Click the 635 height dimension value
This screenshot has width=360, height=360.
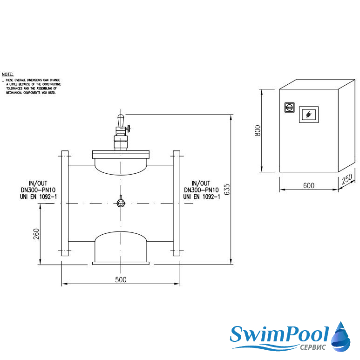coord(227,190)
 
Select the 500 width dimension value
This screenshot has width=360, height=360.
coord(121,279)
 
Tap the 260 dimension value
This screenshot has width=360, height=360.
coord(36,234)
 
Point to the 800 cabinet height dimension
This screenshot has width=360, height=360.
coord(258,130)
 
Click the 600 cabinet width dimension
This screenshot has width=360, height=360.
coord(309,185)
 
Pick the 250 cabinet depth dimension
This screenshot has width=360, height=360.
coord(346,179)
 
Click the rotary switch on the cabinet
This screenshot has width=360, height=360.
coord(289,107)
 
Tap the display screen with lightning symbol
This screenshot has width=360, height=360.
coord(309,115)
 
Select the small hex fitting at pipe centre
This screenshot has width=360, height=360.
coord(121,203)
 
